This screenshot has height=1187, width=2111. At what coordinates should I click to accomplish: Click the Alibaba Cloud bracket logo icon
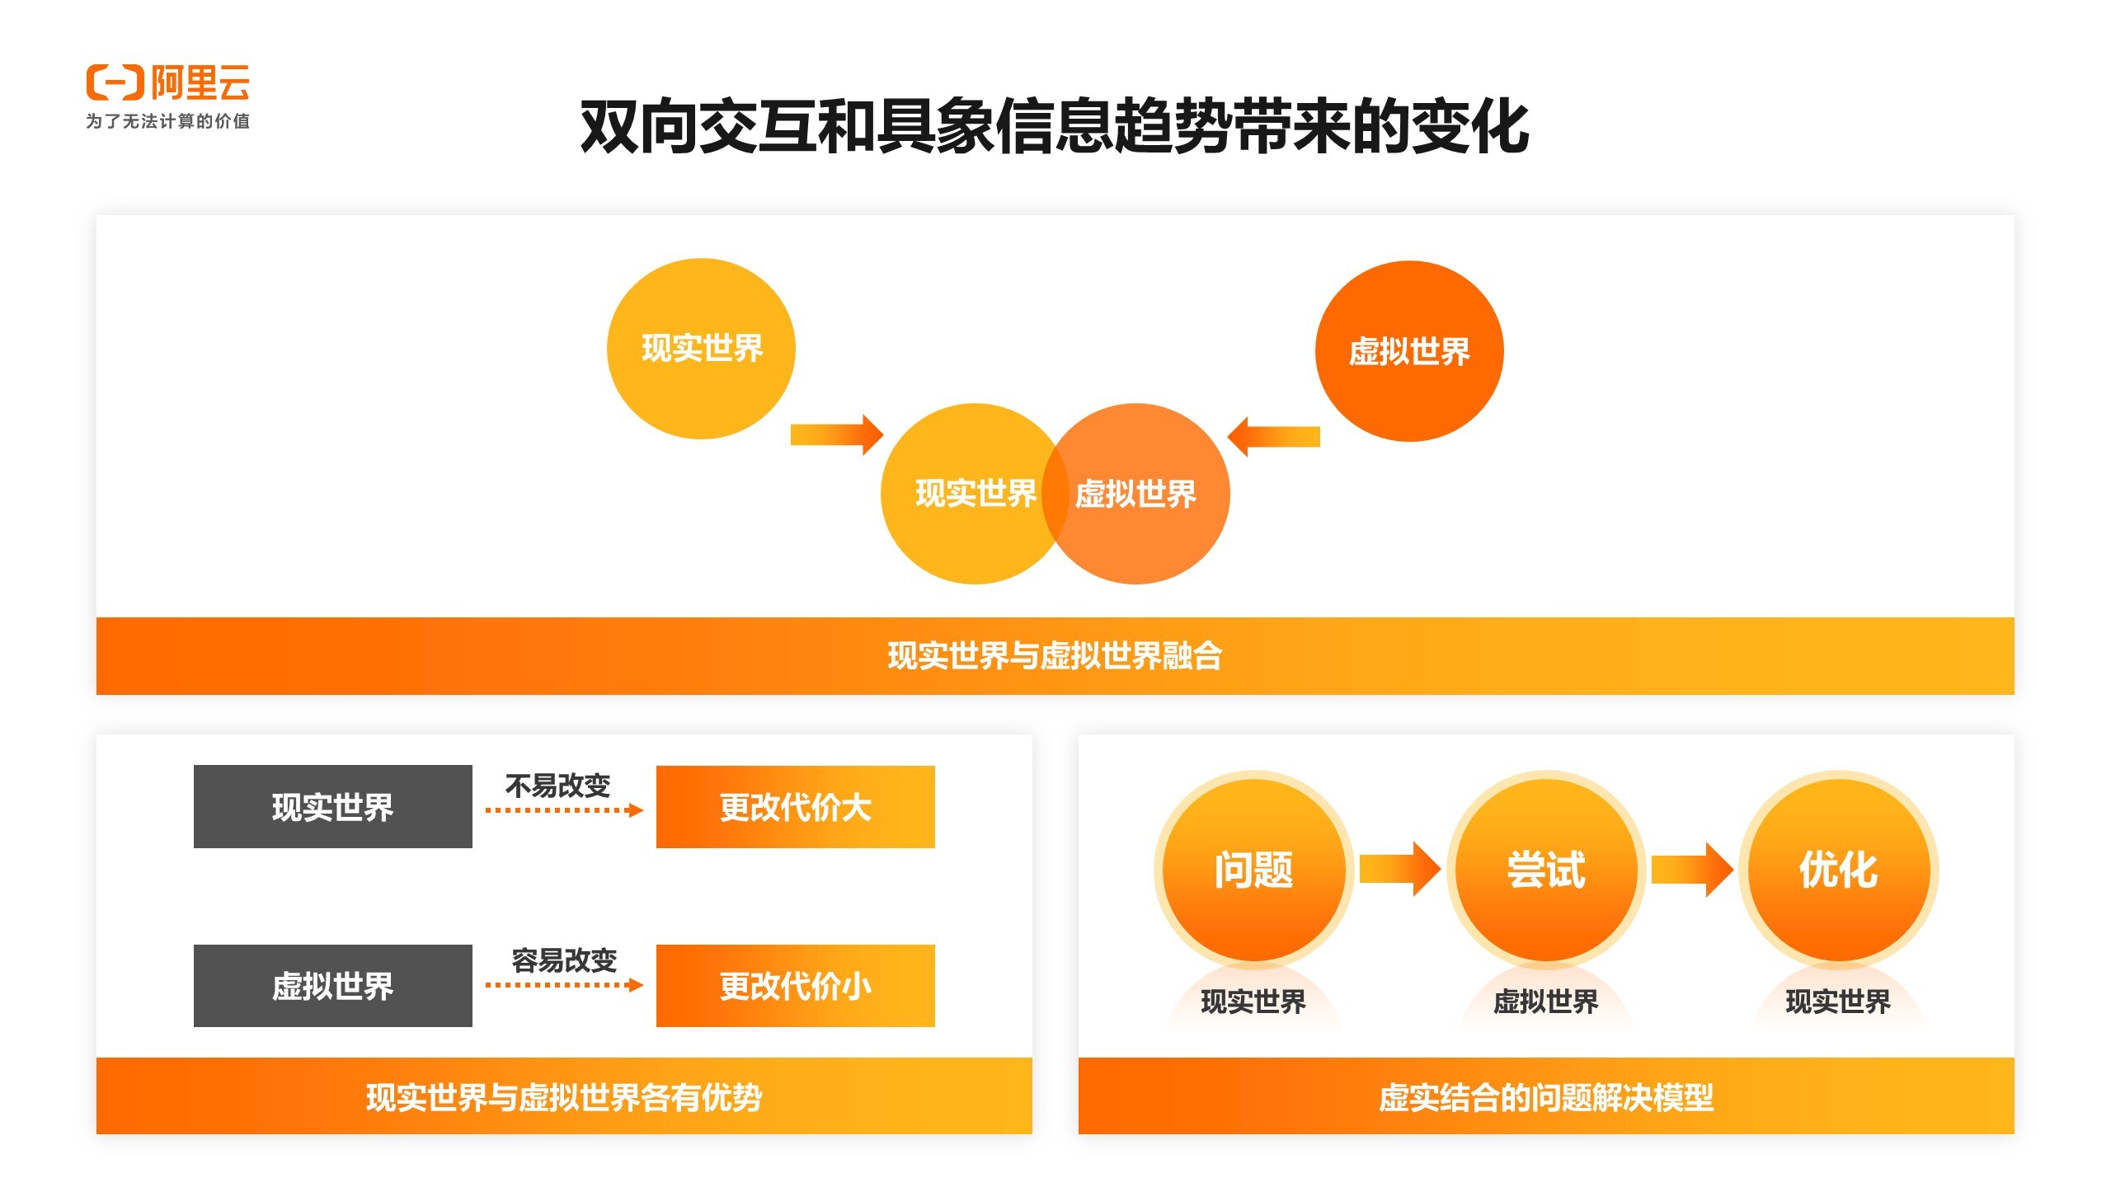tap(115, 82)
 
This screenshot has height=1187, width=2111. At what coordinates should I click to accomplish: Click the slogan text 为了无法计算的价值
tap(167, 121)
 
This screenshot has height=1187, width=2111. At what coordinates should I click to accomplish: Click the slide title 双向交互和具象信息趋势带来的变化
tap(1055, 127)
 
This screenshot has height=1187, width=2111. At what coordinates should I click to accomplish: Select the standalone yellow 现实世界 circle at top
tap(701, 349)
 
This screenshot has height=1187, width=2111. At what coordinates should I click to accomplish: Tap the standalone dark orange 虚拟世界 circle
tap(1408, 352)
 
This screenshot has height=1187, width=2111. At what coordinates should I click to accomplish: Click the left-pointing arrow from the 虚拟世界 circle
tap(1274, 436)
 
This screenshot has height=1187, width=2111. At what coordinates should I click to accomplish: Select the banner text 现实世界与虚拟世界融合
tap(1055, 656)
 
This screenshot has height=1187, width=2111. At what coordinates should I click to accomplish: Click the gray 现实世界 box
tap(332, 807)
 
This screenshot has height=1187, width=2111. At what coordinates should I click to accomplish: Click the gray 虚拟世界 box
tap(332, 986)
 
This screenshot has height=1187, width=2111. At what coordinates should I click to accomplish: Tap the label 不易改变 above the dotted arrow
tap(557, 786)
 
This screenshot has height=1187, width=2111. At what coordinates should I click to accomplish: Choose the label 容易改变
tap(564, 960)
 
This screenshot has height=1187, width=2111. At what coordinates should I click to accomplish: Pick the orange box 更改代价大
tap(795, 807)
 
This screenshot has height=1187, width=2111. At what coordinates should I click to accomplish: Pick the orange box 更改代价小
tap(795, 986)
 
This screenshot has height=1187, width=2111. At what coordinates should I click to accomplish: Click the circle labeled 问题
tap(1253, 870)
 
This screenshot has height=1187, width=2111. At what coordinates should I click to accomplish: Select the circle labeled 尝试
tap(1546, 870)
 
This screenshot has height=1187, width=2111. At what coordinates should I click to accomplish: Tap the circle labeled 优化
tap(1838, 870)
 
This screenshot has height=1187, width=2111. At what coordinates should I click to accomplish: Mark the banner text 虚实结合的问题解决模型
tap(1546, 1097)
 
